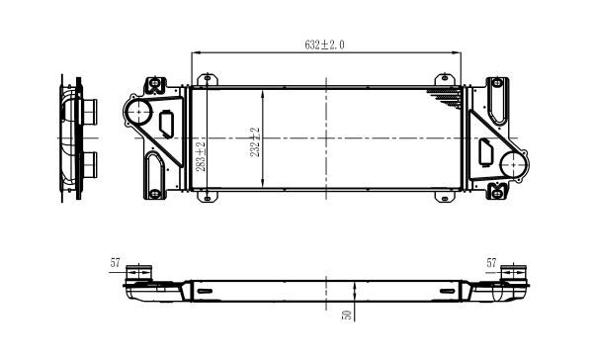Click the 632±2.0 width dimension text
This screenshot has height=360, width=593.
click(x=325, y=45)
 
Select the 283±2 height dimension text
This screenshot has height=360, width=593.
click(x=203, y=157)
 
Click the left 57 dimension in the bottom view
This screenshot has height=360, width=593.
click(x=116, y=263)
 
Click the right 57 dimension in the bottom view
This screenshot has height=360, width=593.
click(x=491, y=263)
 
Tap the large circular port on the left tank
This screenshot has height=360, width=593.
click(x=133, y=112)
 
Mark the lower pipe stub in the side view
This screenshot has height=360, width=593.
click(x=90, y=161)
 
